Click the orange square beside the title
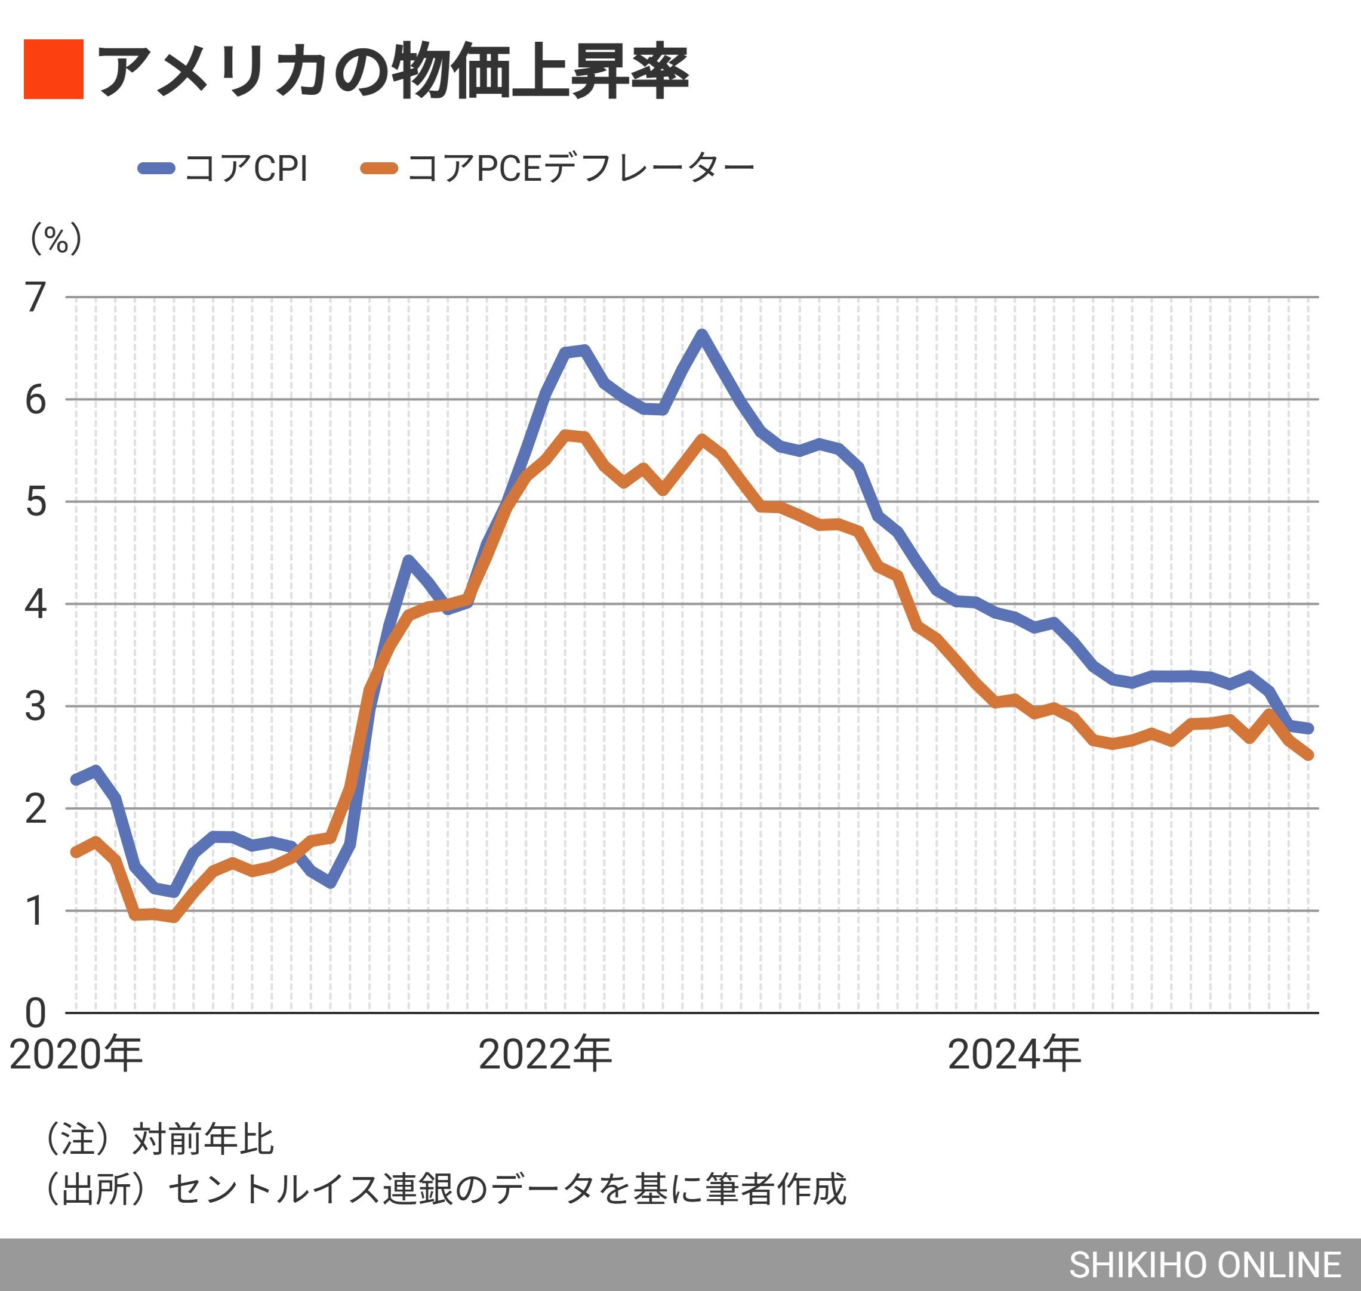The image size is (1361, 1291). pos(54,70)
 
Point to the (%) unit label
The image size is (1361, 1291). pos(56,239)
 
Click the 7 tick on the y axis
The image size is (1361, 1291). pos(36,298)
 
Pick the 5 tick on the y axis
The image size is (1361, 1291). pos(36,502)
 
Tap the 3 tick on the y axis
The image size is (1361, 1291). pos(36,707)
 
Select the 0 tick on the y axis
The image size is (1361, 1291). pos(36,1013)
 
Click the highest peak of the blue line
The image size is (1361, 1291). pos(701,335)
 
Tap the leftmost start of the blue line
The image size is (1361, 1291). pos(76,780)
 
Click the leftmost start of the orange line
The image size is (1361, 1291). pos(76,853)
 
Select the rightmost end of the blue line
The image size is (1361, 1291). pos(1308,728)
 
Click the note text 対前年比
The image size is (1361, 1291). pos(203,1139)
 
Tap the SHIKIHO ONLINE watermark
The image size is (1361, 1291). pos(1205,1264)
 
